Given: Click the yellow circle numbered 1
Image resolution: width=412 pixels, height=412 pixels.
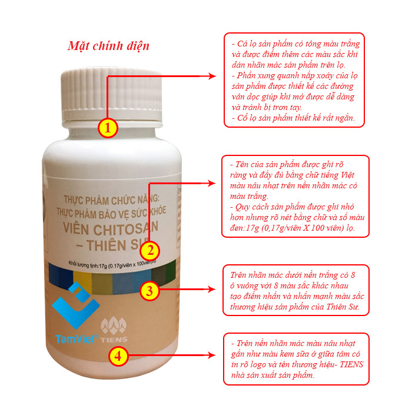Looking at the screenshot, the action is click(108, 128).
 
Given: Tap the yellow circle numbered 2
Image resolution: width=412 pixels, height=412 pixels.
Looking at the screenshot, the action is click(149, 250).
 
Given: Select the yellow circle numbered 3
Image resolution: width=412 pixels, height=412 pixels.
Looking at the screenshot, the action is click(149, 291).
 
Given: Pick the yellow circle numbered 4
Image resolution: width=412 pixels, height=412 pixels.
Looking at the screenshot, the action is click(118, 356).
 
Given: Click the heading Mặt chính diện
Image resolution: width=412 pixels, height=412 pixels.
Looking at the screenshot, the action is click(108, 46).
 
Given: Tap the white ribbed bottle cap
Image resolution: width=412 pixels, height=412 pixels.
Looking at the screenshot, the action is click(112, 95).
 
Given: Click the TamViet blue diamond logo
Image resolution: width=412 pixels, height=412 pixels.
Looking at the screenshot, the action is click(76, 305).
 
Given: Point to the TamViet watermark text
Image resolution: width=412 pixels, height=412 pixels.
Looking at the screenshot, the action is click(77, 339).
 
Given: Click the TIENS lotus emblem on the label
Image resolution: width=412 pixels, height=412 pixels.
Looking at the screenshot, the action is click(114, 325).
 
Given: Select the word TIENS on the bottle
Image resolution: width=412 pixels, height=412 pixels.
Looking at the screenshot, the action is click(114, 339).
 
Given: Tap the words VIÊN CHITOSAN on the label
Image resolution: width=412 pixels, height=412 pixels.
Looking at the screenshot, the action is click(111, 228).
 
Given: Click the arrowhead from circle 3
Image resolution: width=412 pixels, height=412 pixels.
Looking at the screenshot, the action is click(211, 290).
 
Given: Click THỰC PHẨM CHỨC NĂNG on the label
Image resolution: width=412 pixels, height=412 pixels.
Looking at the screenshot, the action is click(111, 200).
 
